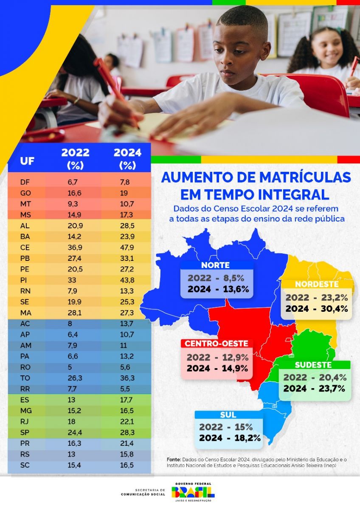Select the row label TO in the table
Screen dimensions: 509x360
pyautogui.click(x=25, y=378)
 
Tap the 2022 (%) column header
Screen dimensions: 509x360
pyautogui.click(x=75, y=159)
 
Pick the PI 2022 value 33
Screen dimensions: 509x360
pyautogui.click(x=72, y=280)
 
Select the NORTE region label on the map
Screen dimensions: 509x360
pyautogui.click(x=216, y=265)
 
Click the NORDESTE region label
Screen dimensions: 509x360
pyautogui.click(x=317, y=284)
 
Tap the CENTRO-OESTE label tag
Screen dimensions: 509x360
pyautogui.click(x=216, y=343)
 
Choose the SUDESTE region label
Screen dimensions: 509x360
pyautogui.click(x=314, y=365)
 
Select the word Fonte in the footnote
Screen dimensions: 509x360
pyautogui.click(x=173, y=459)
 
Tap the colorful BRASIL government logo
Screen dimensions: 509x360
pyautogui.click(x=193, y=492)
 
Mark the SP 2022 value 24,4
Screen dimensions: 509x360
pyautogui.click(x=75, y=433)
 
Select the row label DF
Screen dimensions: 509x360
pyautogui.click(x=25, y=182)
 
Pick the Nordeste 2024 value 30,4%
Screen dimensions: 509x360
pyautogui.click(x=328, y=308)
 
